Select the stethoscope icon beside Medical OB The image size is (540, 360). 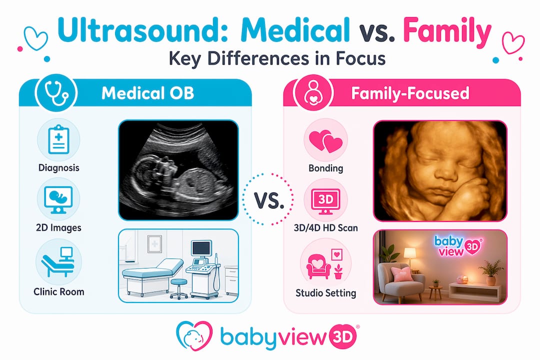pyautogui.click(x=56, y=93)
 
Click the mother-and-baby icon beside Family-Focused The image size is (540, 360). pyautogui.click(x=313, y=93)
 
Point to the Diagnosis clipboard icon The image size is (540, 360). pyautogui.click(x=58, y=139)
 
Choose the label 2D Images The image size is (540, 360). pyautogui.click(x=58, y=227)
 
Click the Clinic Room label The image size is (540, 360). pyautogui.click(x=59, y=292)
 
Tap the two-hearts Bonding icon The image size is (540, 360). pyautogui.click(x=325, y=141)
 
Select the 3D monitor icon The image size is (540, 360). pyautogui.click(x=325, y=201)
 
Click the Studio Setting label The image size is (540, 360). pyautogui.click(x=326, y=293)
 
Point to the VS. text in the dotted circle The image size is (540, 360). pyautogui.click(x=269, y=200)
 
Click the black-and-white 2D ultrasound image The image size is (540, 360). pyautogui.click(x=178, y=170)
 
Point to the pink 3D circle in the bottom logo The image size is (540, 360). pyautogui.click(x=343, y=336)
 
